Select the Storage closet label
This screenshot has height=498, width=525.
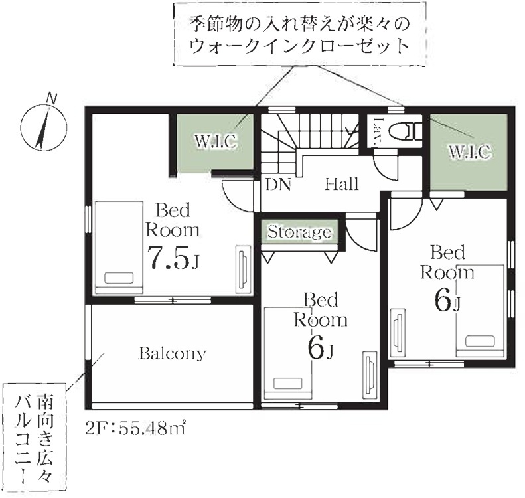[x=299, y=232]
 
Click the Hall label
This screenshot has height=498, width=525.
[x=342, y=184]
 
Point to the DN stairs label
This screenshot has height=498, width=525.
[x=279, y=184]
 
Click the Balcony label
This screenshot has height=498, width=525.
[x=173, y=353]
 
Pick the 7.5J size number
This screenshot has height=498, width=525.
[x=173, y=257]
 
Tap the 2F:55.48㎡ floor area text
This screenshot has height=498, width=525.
[x=135, y=429]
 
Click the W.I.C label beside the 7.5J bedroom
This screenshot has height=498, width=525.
[x=216, y=141]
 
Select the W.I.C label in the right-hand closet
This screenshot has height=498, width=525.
[x=470, y=151]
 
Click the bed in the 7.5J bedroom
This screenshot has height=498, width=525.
[x=119, y=248]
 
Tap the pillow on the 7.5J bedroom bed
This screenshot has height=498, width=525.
[x=119, y=278]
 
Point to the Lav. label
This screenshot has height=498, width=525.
[x=378, y=131]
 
